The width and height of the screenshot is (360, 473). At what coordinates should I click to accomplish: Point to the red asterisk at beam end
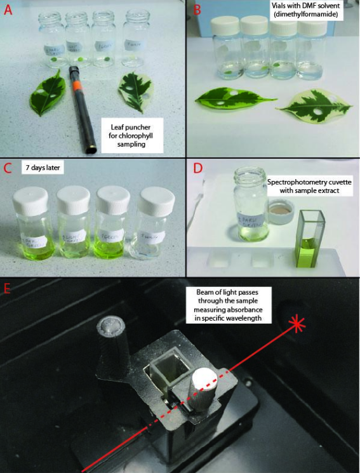click(x=296, y=324)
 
